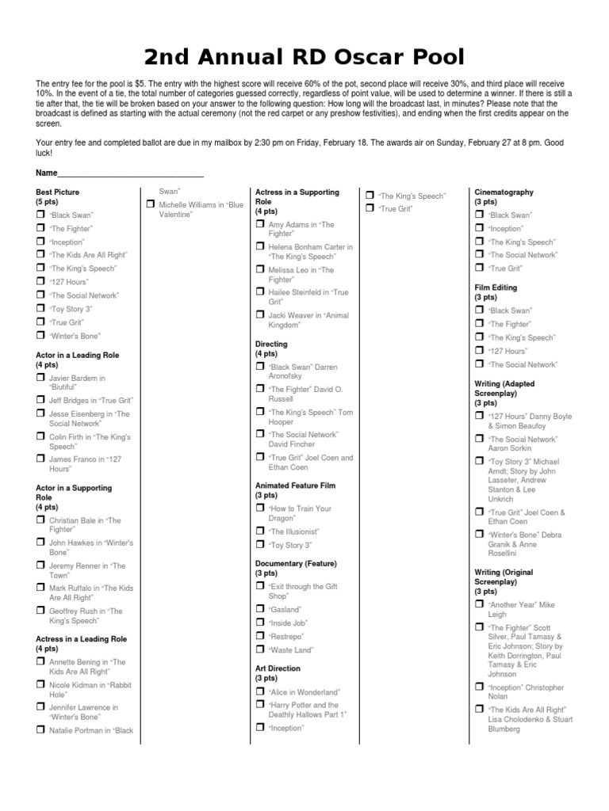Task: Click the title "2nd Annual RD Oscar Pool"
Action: pos(304,57)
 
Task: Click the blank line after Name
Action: pos(131,173)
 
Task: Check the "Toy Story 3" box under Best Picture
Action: pos(40,308)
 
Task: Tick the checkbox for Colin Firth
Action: pos(40,436)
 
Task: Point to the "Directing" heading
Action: pos(271,345)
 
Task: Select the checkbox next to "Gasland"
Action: pos(260,608)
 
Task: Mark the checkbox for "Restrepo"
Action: pos(260,635)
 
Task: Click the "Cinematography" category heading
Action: pos(504,192)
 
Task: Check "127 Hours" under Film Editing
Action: pos(479,350)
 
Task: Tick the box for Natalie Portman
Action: pos(40,729)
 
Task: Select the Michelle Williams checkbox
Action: pos(150,204)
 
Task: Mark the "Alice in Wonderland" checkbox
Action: pos(260,691)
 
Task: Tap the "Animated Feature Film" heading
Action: pos(295,485)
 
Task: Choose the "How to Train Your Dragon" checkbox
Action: pos(260,508)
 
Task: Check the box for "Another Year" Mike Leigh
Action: pos(479,603)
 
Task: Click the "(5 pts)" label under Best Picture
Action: pos(48,203)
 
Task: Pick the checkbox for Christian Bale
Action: pos(40,520)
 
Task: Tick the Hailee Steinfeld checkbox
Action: pos(260,291)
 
